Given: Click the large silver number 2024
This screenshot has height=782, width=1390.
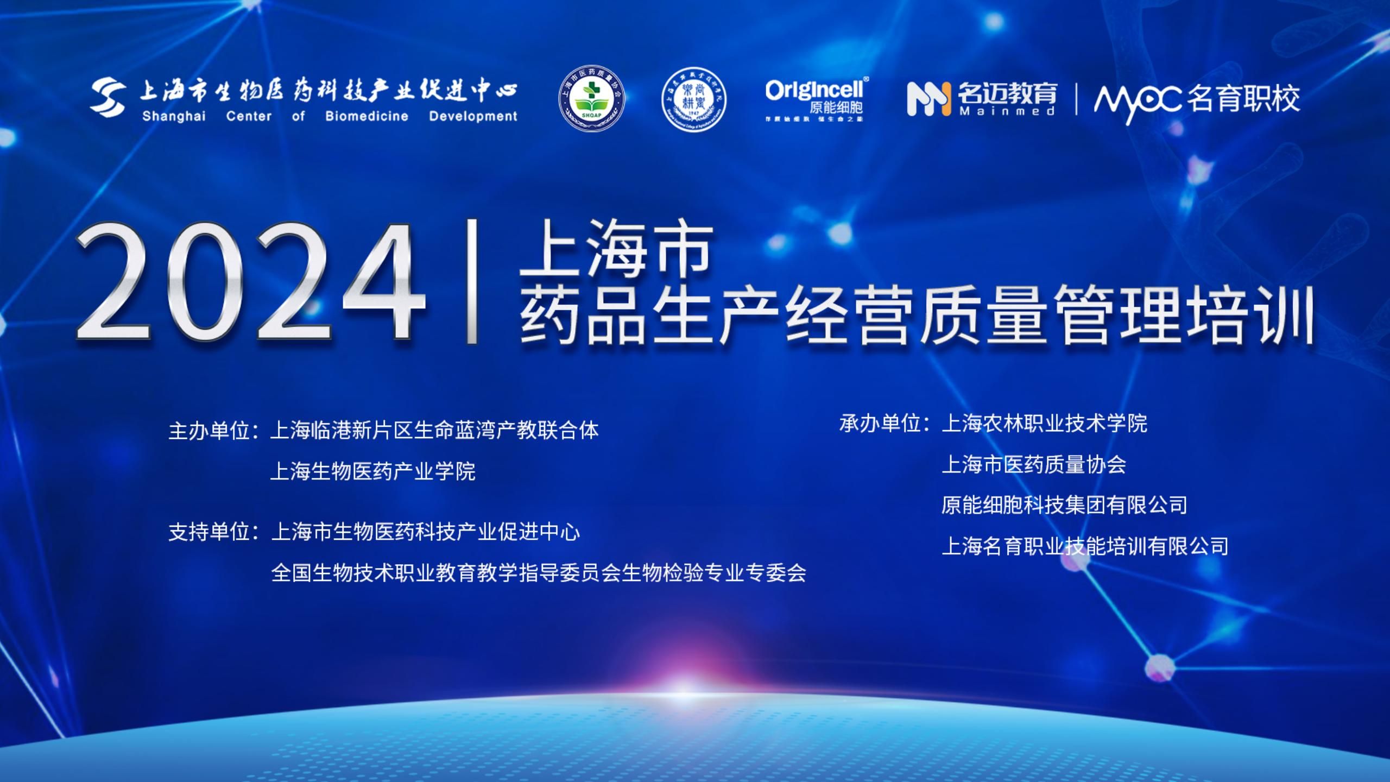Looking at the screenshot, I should (250, 282).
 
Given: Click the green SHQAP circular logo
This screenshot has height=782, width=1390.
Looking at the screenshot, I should (592, 98).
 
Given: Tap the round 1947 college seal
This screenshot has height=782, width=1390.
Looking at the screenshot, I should (694, 99).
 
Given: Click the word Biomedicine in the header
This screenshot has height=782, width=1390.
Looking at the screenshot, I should (367, 116).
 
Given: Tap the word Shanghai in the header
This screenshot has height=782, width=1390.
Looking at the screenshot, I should (174, 116).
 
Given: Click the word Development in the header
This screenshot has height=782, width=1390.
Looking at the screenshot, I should (473, 116).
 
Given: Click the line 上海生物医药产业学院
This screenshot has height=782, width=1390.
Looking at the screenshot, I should (373, 471).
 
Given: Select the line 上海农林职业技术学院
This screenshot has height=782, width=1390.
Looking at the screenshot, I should (1044, 423).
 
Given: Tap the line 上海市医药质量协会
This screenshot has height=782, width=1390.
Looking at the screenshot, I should (1034, 464).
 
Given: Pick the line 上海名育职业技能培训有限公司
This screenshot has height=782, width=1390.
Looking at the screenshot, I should (1085, 546).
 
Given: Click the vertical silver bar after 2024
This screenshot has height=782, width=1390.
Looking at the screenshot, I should (472, 281).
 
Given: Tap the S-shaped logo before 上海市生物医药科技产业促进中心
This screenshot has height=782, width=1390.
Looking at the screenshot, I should (109, 98).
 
